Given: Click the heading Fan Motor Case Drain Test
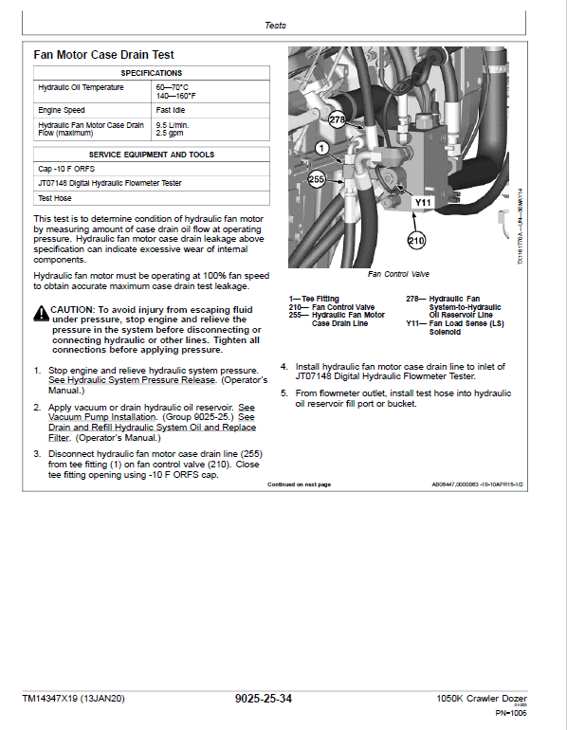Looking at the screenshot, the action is pyautogui.click(x=104, y=55).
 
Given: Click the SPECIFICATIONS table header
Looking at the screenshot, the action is pyautogui.click(x=151, y=73).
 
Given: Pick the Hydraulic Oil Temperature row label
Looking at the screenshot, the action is pyautogui.click(x=81, y=88).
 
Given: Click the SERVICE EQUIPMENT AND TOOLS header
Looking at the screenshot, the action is pyautogui.click(x=151, y=155).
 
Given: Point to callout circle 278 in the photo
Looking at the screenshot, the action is pyautogui.click(x=338, y=119).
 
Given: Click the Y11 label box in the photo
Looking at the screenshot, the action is pyautogui.click(x=424, y=202).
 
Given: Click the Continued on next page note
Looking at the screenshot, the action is pyautogui.click(x=299, y=484).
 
